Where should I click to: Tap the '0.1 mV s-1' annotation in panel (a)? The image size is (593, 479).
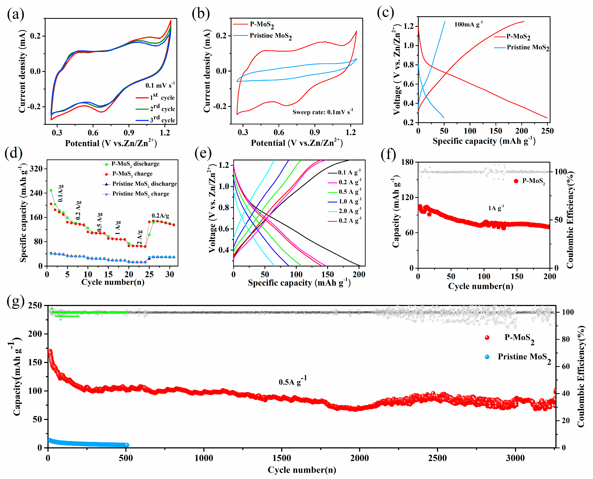[x=160, y=85]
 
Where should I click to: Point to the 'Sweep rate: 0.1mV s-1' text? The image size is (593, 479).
[x=322, y=112]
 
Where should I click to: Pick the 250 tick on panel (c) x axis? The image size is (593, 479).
[x=547, y=131]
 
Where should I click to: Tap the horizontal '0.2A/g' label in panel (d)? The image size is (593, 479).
[x=160, y=215]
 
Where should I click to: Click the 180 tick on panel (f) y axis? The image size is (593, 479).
[x=407, y=162]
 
